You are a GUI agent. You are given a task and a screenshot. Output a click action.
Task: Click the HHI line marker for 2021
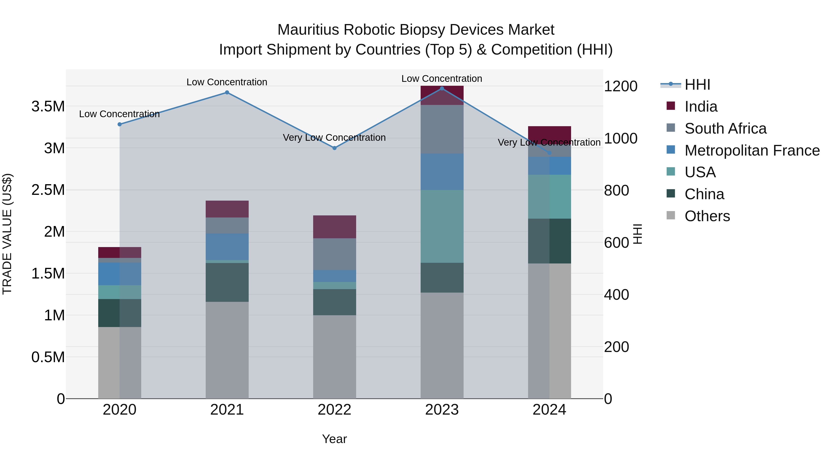(x=227, y=93)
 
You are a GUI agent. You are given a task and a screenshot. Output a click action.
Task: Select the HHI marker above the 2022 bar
(x=335, y=148)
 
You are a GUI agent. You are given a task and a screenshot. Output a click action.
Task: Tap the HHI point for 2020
(x=119, y=124)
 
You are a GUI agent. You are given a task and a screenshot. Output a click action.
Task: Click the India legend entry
(x=701, y=107)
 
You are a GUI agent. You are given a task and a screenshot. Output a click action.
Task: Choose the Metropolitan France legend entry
(x=752, y=150)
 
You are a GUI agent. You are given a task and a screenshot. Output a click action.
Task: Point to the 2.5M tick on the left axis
(x=48, y=190)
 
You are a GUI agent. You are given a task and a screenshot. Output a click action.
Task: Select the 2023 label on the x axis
(x=442, y=410)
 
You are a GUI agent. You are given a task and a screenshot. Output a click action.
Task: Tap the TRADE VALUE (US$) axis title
(x=7, y=234)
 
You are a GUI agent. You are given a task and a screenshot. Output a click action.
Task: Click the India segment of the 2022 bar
(x=335, y=227)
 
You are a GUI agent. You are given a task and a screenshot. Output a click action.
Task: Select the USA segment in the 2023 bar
(x=442, y=226)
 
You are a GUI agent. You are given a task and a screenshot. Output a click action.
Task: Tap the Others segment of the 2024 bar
(x=549, y=331)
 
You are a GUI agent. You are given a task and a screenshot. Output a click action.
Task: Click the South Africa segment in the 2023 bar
(x=442, y=129)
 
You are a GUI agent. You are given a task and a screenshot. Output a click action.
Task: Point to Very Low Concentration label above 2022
(x=334, y=138)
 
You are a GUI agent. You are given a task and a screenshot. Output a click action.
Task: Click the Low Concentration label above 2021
(x=227, y=82)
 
